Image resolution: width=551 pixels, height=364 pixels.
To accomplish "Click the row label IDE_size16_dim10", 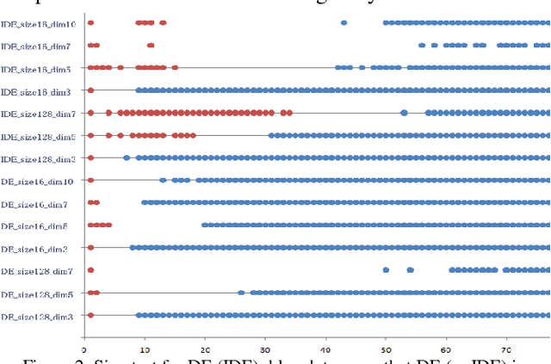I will click(x=38, y=23).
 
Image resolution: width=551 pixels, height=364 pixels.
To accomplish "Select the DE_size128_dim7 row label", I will click(x=37, y=271).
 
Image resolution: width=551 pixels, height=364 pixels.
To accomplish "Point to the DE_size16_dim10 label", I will click(x=37, y=181).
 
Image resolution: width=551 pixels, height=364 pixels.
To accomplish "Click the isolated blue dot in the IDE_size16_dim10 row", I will click(x=344, y=22).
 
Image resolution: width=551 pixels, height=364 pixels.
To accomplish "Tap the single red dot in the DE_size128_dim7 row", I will click(x=90, y=270).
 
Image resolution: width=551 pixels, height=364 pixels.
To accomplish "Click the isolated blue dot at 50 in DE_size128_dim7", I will click(x=386, y=270).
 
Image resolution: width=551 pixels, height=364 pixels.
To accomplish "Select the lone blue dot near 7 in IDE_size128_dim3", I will click(x=127, y=157).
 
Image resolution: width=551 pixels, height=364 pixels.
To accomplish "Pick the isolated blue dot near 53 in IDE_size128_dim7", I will click(x=404, y=112).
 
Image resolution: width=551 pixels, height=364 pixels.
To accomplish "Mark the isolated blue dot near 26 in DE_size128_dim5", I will click(x=241, y=293).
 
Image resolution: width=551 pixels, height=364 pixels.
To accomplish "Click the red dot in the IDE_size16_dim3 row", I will click(x=90, y=89).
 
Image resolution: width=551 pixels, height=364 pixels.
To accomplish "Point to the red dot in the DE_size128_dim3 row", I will click(x=90, y=315).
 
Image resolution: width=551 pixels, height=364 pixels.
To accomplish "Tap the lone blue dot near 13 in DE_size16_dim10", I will click(x=163, y=180).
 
